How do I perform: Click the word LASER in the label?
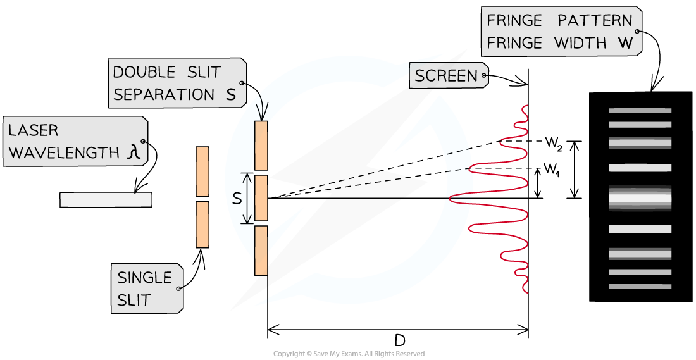pyautogui.click(x=33, y=130)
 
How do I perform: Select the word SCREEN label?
pyautogui.click(x=446, y=77)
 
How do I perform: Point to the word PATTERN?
pyautogui.click(x=595, y=20)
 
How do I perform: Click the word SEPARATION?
pyautogui.click(x=164, y=95)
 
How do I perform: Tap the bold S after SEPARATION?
pyautogui.click(x=230, y=95)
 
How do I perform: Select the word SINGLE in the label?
pyautogui.click(x=144, y=278)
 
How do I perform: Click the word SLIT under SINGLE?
pyautogui.click(x=134, y=300)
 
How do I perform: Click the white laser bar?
pyautogui.click(x=106, y=199)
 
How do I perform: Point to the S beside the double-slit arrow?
pyautogui.click(x=237, y=199)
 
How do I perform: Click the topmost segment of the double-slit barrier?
pyautogui.click(x=261, y=146)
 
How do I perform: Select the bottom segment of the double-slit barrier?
pyautogui.click(x=261, y=250)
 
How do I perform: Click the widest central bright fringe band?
pyautogui.click(x=640, y=199)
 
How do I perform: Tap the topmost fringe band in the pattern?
pyautogui.click(x=640, y=111)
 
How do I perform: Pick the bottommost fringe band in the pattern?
pyautogui.click(x=640, y=287)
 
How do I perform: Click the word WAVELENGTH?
pyautogui.click(x=64, y=152)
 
